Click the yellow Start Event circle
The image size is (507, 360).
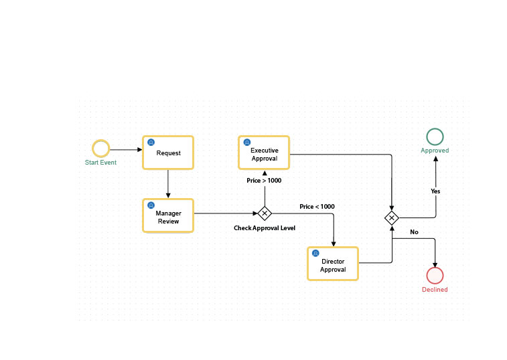(x=100, y=149)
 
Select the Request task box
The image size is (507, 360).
(x=168, y=153)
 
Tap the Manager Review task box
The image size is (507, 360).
(x=168, y=215)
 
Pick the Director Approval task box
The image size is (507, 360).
(x=333, y=264)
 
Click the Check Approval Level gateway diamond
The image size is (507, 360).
(x=265, y=213)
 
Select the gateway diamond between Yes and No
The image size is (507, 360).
(x=392, y=218)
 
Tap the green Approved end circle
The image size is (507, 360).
(x=435, y=137)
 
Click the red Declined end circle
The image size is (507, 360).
(x=435, y=275)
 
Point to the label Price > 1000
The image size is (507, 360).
(x=264, y=181)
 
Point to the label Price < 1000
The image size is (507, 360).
(x=317, y=207)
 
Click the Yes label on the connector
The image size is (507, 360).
(x=435, y=191)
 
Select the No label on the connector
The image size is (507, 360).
(x=414, y=232)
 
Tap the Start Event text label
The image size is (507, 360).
(x=100, y=163)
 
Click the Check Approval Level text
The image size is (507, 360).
(x=265, y=228)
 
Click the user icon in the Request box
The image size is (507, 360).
(x=151, y=143)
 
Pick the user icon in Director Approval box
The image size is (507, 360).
(x=315, y=254)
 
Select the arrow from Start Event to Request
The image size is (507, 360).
(x=126, y=149)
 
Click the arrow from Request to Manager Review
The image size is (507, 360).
(x=167, y=183)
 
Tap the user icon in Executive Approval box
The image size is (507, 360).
(x=246, y=142)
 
